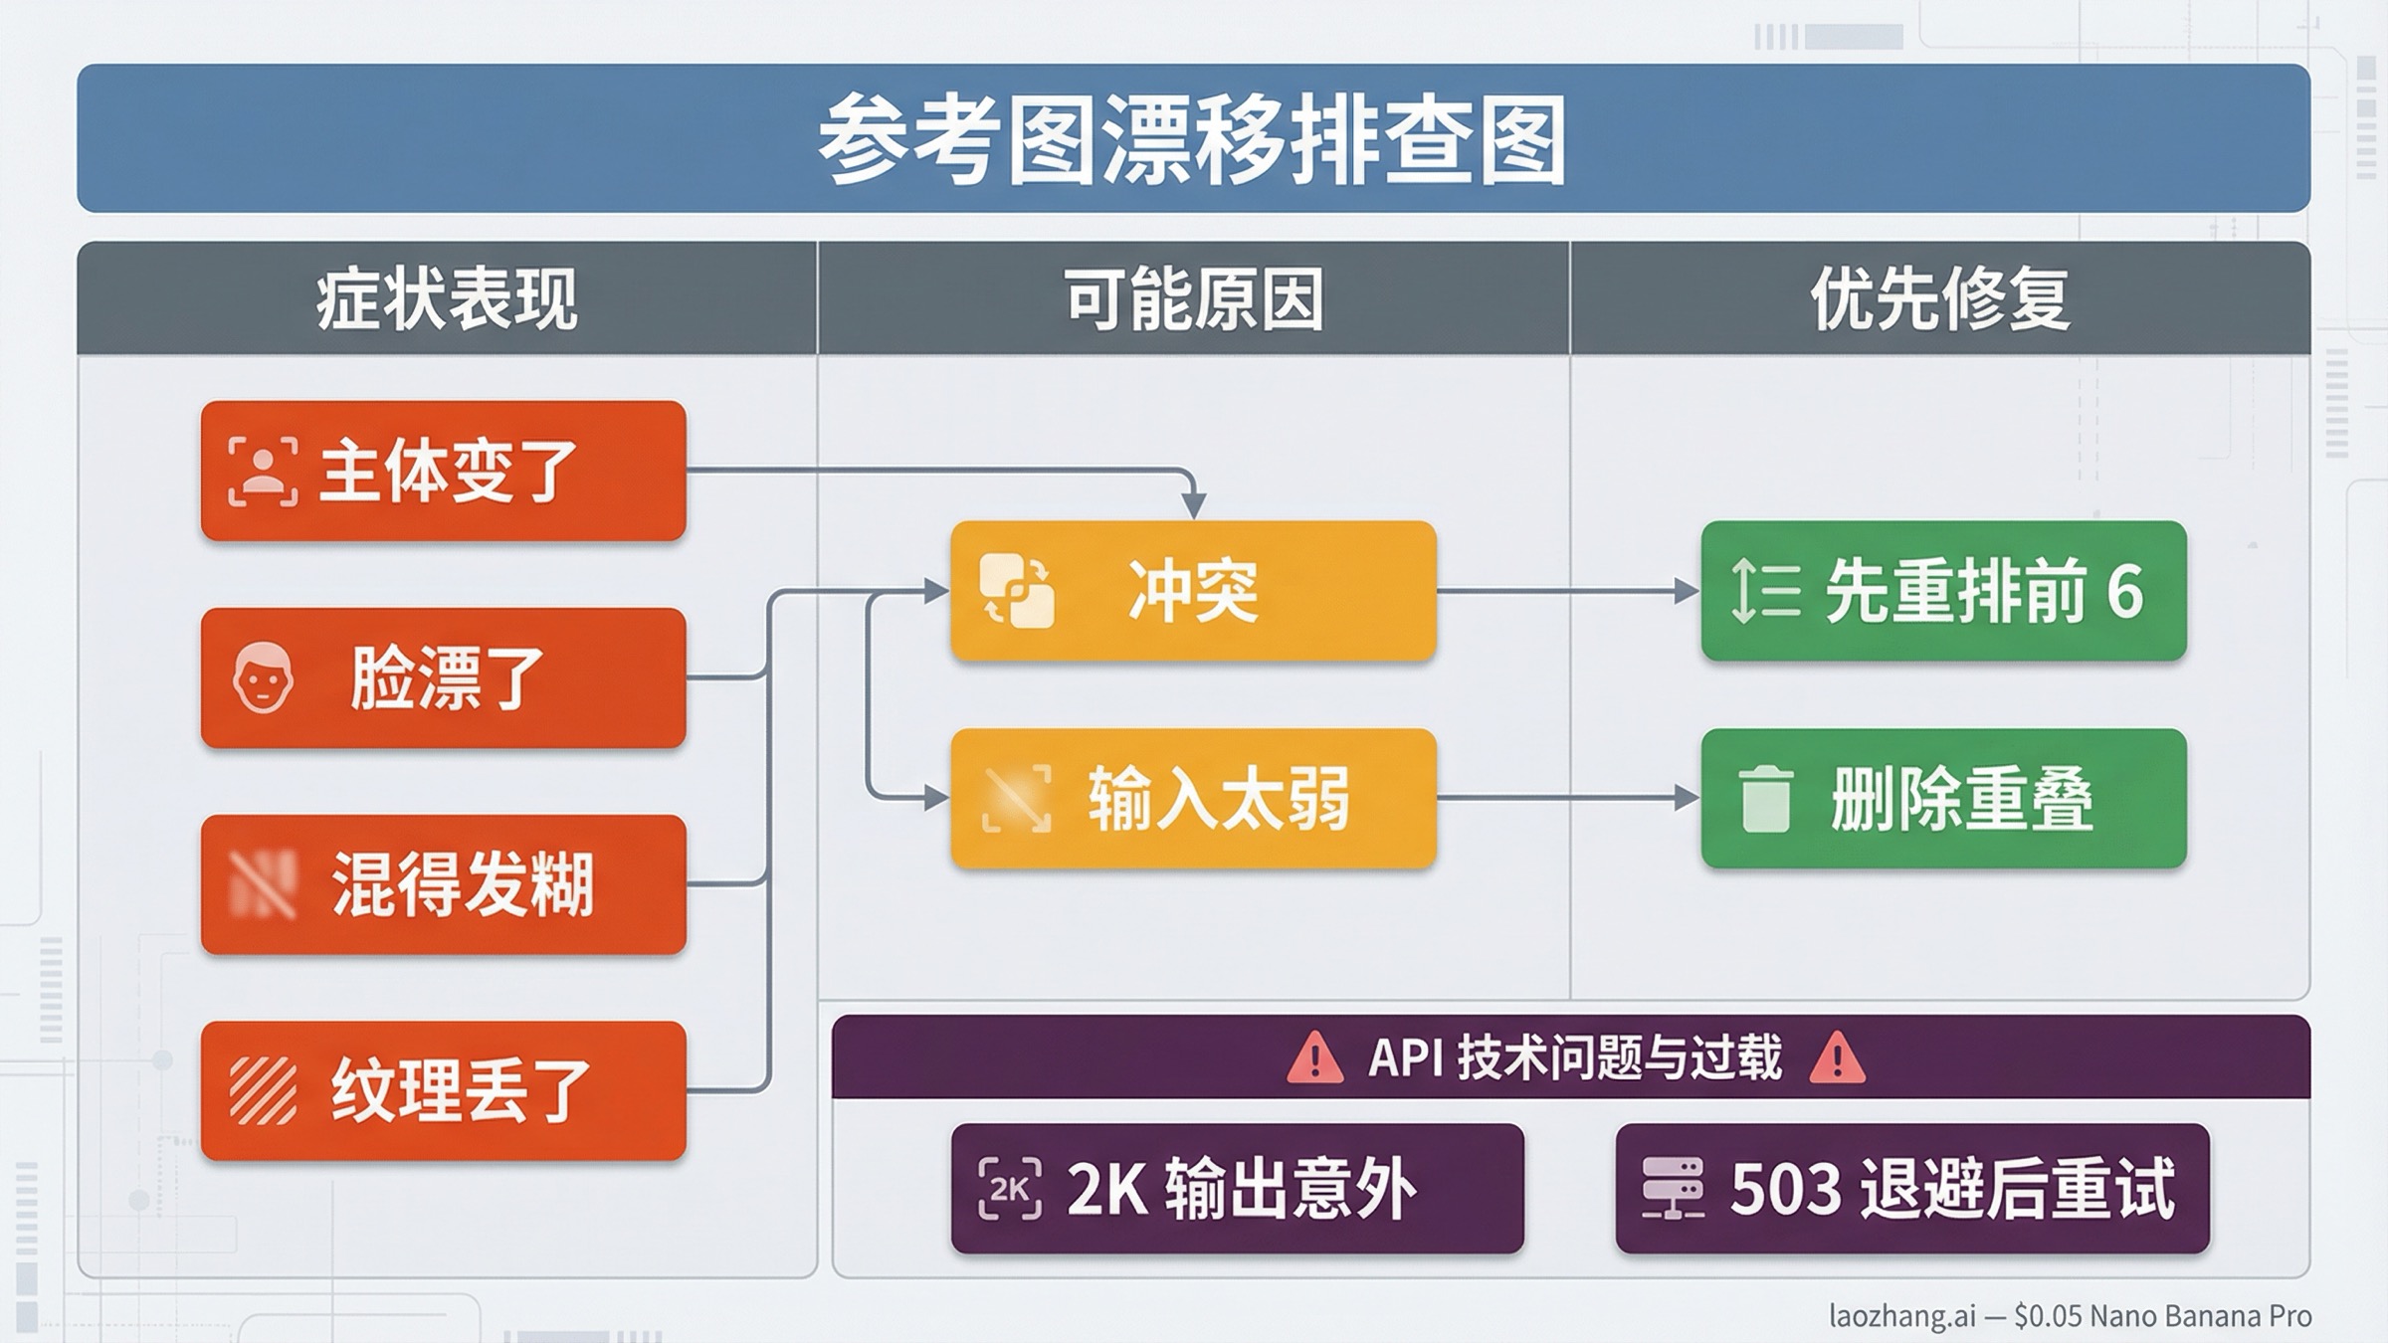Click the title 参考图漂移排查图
pyautogui.click(x=1192, y=139)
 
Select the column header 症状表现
pyautogui.click(x=447, y=298)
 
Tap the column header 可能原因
pyautogui.click(x=1194, y=298)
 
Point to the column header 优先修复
pyautogui.click(x=1940, y=298)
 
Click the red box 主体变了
pyautogui.click(x=444, y=471)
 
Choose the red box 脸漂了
pyautogui.click(x=444, y=677)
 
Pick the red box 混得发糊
pyautogui.click(x=444, y=884)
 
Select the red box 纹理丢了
pyautogui.click(x=444, y=1091)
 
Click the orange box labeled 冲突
pyautogui.click(x=1193, y=591)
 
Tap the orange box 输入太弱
pyautogui.click(x=1193, y=798)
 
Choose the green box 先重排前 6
pyautogui.click(x=1943, y=591)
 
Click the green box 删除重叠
pyautogui.click(x=1943, y=798)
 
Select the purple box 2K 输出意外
pyautogui.click(x=1237, y=1188)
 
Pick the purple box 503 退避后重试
pyautogui.click(x=1911, y=1188)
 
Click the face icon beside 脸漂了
pyautogui.click(x=263, y=677)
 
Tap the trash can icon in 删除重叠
pyautogui.click(x=1765, y=799)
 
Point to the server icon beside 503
pyautogui.click(x=1673, y=1188)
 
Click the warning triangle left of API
pyautogui.click(x=1314, y=1057)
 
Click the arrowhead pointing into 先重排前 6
pyautogui.click(x=1687, y=591)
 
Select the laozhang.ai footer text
pyautogui.click(x=2070, y=1316)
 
